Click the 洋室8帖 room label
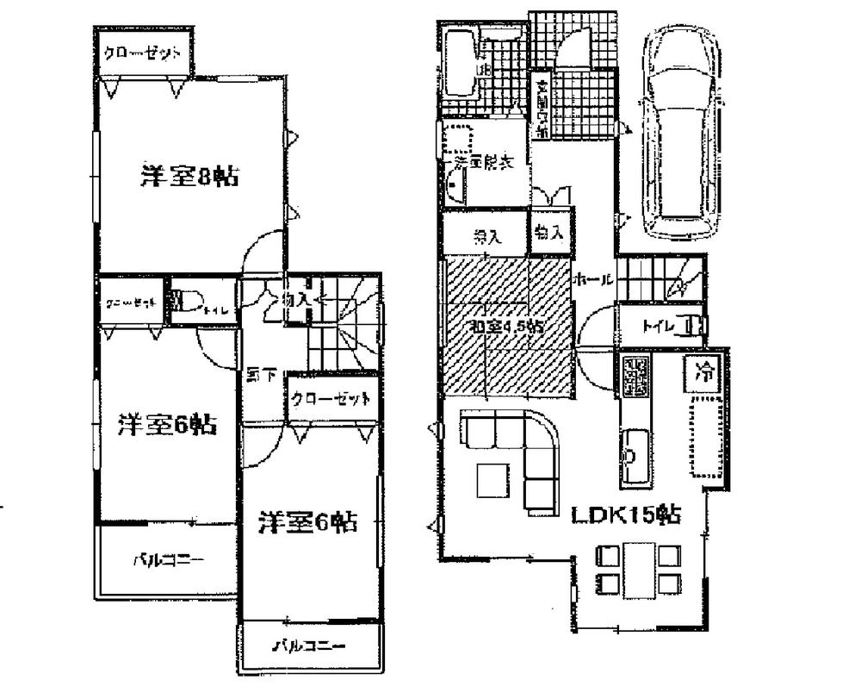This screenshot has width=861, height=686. pyautogui.click(x=189, y=177)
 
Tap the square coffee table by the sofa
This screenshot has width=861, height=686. pyautogui.click(x=492, y=481)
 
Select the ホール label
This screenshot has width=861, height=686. pyautogui.click(x=593, y=280)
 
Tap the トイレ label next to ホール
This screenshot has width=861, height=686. pyautogui.click(x=659, y=326)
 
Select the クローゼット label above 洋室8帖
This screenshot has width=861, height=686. pyautogui.click(x=142, y=53)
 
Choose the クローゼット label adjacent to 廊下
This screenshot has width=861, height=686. pyautogui.click(x=331, y=399)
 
